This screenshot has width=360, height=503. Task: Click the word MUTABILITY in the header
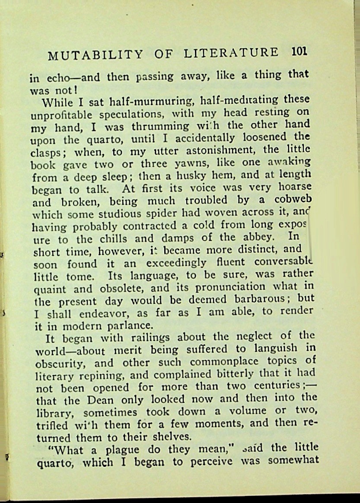(95, 55)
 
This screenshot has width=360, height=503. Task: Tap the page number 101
(299, 52)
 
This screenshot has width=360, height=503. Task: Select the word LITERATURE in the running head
(231, 53)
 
